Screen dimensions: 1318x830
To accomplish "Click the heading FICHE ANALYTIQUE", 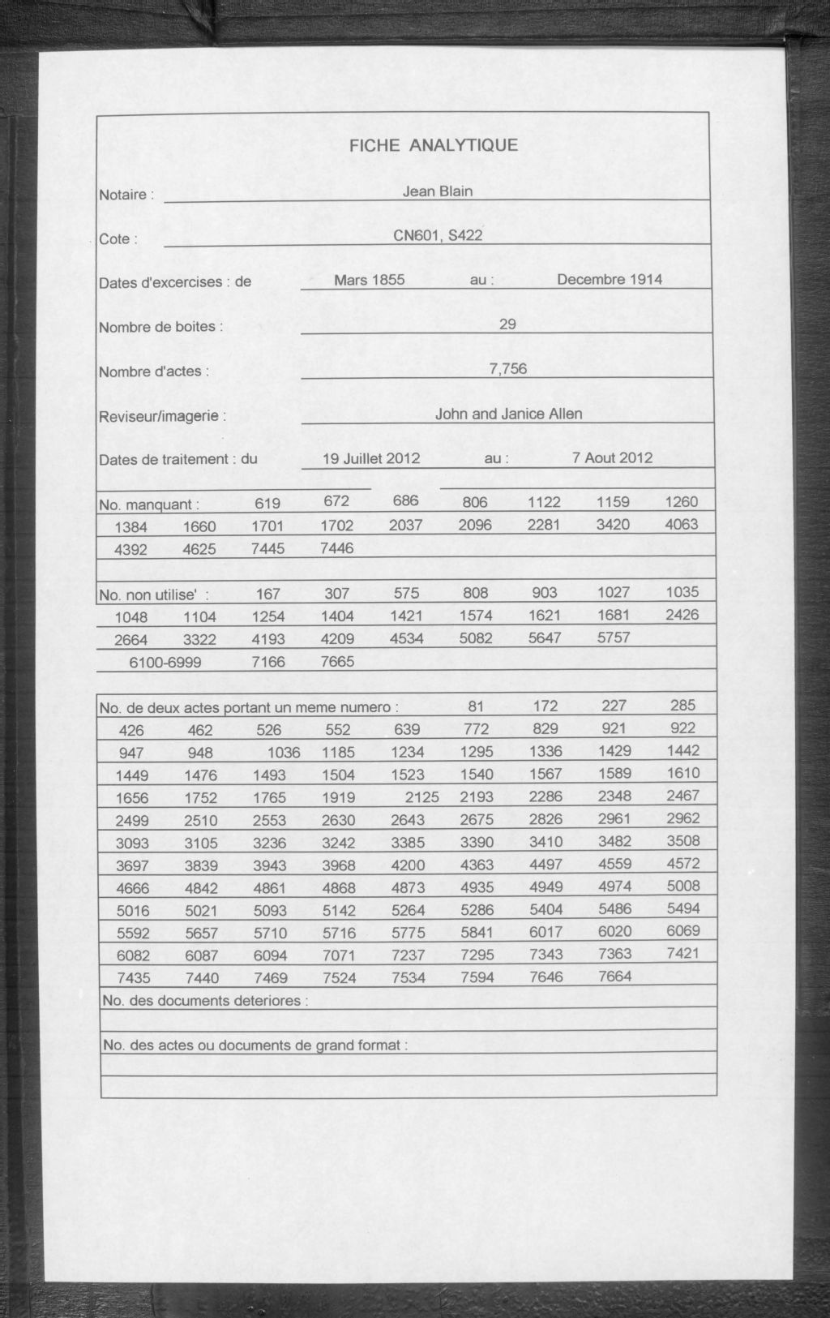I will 433,146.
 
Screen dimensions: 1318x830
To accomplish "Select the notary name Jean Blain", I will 438,191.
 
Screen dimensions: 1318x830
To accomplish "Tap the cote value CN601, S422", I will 438,236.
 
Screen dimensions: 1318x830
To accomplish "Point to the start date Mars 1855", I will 370,280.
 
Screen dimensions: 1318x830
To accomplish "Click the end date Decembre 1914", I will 610,280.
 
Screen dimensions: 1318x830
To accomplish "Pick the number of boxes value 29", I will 507,324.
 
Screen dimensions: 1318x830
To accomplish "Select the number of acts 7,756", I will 508,369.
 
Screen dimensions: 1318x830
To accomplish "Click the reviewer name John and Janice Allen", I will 508,414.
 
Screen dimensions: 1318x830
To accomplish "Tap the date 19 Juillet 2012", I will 371,458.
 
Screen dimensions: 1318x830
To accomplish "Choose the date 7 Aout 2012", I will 612,457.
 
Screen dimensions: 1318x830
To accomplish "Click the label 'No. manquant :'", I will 148,504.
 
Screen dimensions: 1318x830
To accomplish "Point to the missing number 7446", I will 337,548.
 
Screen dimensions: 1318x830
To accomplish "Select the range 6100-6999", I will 165,663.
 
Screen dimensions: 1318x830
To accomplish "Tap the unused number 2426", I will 681,615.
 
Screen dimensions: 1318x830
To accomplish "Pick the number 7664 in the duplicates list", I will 614,977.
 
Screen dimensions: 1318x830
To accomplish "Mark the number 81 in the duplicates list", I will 475,706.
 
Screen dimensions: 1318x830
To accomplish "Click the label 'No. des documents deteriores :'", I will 205,1001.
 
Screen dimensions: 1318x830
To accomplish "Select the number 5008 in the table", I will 681,886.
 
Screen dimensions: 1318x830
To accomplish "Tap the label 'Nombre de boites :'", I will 160,328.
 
